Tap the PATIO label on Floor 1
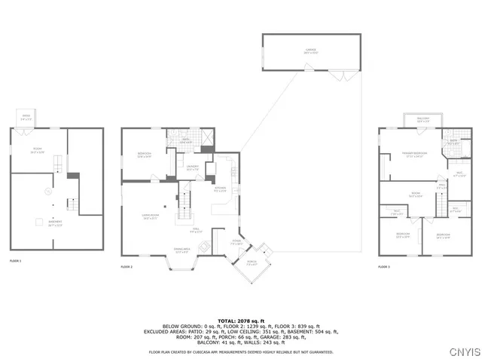point(26,118)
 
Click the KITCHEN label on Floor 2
point(220,189)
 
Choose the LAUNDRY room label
point(192,167)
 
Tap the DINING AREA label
point(182,250)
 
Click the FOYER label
point(236,243)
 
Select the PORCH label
point(252,262)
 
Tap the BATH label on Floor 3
point(454,141)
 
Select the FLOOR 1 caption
point(15,260)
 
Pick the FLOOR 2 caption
point(127,266)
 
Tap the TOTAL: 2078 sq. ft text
point(240,321)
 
